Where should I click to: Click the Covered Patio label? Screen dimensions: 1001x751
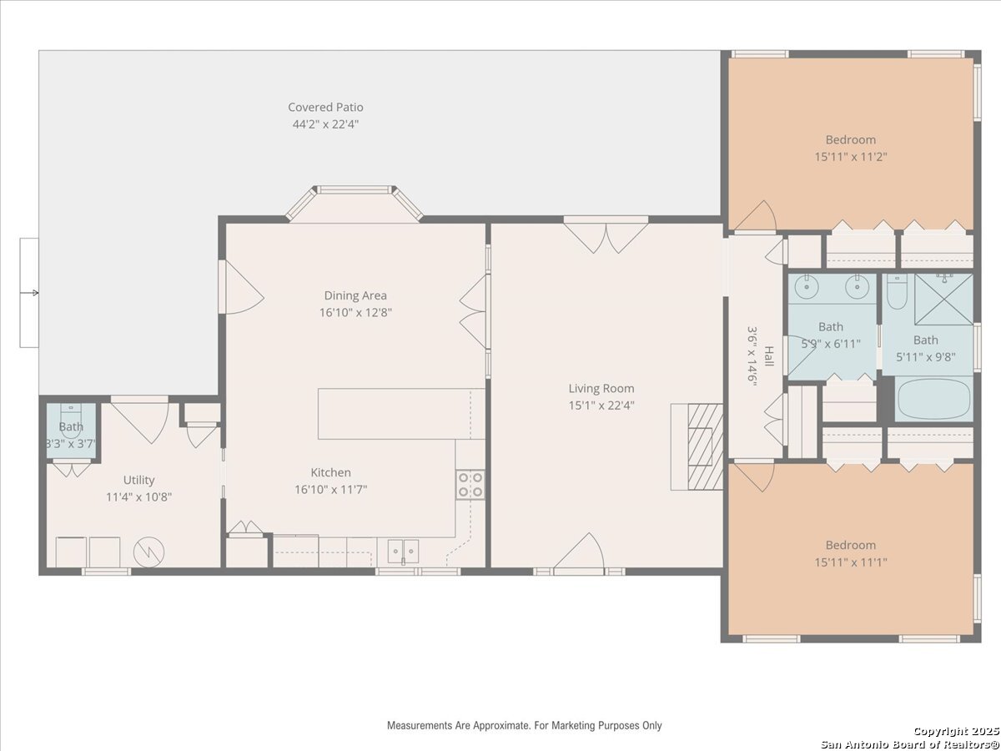[x=325, y=107]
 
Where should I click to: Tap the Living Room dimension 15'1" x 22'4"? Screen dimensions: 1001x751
[x=601, y=406]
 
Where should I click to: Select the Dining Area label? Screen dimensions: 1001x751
[x=355, y=295]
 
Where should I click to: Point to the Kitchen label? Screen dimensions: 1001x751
[x=330, y=472]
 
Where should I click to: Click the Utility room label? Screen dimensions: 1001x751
[x=138, y=480]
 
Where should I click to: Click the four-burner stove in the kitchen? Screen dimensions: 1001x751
[x=470, y=485]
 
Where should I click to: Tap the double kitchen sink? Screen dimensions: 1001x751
[x=403, y=552]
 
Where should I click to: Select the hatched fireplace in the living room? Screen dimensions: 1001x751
[x=705, y=447]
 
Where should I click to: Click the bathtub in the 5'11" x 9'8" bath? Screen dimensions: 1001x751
[x=933, y=399]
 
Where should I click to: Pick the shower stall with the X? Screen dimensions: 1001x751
[x=943, y=299]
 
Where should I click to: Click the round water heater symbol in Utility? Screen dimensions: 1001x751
[x=148, y=552]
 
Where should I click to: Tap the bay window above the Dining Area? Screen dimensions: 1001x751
[x=355, y=203]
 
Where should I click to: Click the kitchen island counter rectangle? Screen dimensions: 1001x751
[x=401, y=414]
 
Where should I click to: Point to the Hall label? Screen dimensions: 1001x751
[x=769, y=356]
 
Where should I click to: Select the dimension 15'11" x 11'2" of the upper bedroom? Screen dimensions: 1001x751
[x=851, y=157]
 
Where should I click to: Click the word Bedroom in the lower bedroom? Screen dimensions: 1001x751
[x=851, y=546]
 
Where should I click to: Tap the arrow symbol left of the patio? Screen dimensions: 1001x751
[x=33, y=293]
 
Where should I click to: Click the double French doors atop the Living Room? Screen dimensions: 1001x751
[x=606, y=234]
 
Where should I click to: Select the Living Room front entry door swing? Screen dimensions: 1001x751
[x=579, y=552]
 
